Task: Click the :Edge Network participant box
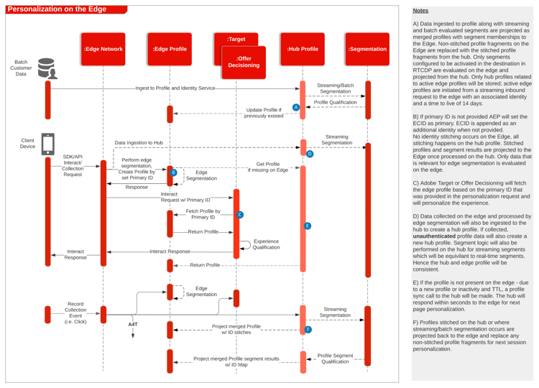click(103, 49)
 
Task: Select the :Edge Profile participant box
click(170, 49)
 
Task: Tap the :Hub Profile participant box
click(303, 49)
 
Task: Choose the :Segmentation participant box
click(367, 49)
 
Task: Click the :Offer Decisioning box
click(244, 63)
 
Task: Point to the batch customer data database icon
click(47, 68)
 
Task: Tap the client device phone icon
click(47, 144)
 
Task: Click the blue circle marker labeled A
click(296, 107)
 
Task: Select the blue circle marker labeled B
click(174, 172)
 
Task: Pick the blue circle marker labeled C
click(240, 215)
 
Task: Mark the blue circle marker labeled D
click(310, 154)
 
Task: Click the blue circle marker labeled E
click(308, 226)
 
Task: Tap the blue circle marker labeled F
click(308, 330)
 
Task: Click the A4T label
click(133, 325)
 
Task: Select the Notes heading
click(420, 11)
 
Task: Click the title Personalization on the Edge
click(57, 9)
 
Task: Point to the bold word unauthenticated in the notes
click(434, 236)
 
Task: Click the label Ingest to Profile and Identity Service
click(175, 88)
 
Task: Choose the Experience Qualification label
click(267, 244)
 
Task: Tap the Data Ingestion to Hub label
click(139, 142)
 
